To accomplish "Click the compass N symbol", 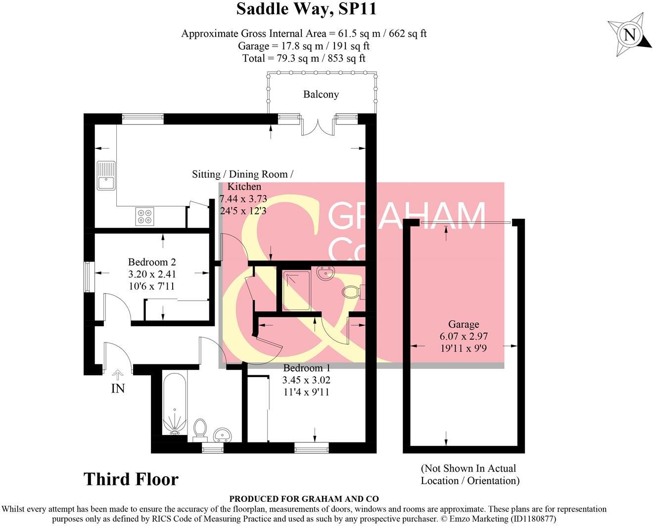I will coord(629,35).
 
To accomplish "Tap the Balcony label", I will coord(321,94).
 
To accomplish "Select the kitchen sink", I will coord(106,176).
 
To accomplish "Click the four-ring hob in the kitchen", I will coord(145,216).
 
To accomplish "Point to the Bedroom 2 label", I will coord(152,262).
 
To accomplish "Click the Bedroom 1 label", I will coord(306,368).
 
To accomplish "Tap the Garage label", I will coord(464,324).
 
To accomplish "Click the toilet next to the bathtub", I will coord(200,428).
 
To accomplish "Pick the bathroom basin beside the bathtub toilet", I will coord(223,435).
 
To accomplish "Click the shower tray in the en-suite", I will coord(296,290).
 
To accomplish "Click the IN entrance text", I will coord(118,389).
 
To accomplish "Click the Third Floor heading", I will coord(131,479).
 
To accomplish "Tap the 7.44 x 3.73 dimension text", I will coord(243,199).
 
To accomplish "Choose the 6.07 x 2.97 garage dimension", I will coord(464,336).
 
